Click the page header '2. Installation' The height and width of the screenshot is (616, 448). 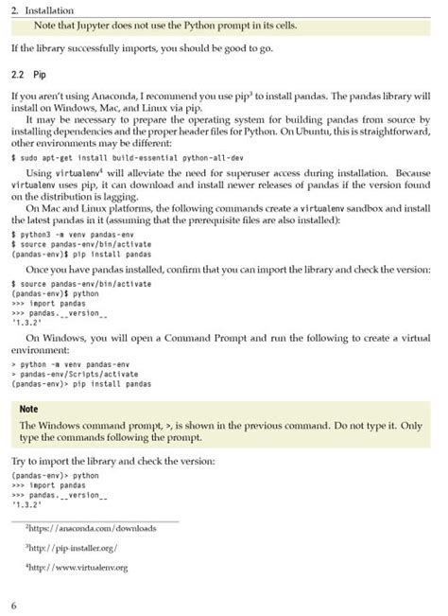(43, 9)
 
